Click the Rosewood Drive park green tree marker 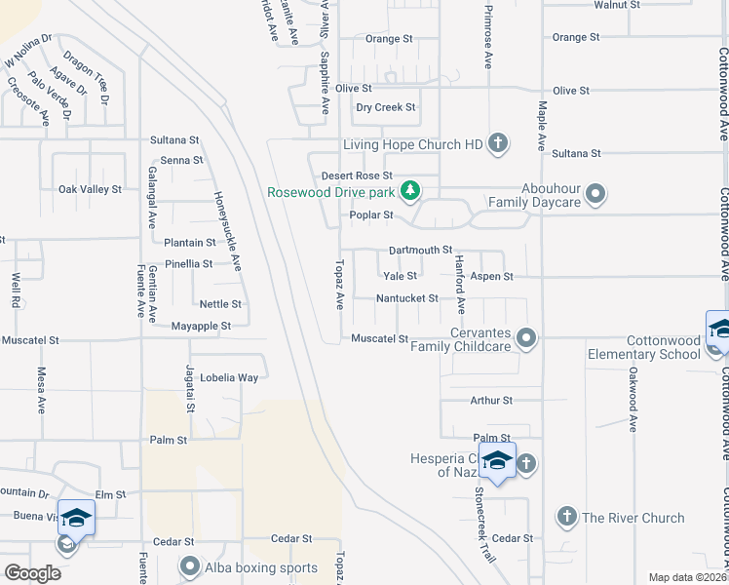coord(411,189)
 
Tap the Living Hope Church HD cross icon coord(497,144)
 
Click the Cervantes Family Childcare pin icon coord(526,338)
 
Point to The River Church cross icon coord(567,517)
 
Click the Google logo coord(32,573)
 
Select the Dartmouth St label coord(421,251)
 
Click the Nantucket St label coord(407,298)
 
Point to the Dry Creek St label coord(386,107)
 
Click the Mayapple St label coord(200,326)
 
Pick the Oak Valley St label coord(90,189)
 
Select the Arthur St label coord(490,400)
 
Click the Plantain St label coord(189,243)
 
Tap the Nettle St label coord(220,304)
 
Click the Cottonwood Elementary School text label coord(644,347)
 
